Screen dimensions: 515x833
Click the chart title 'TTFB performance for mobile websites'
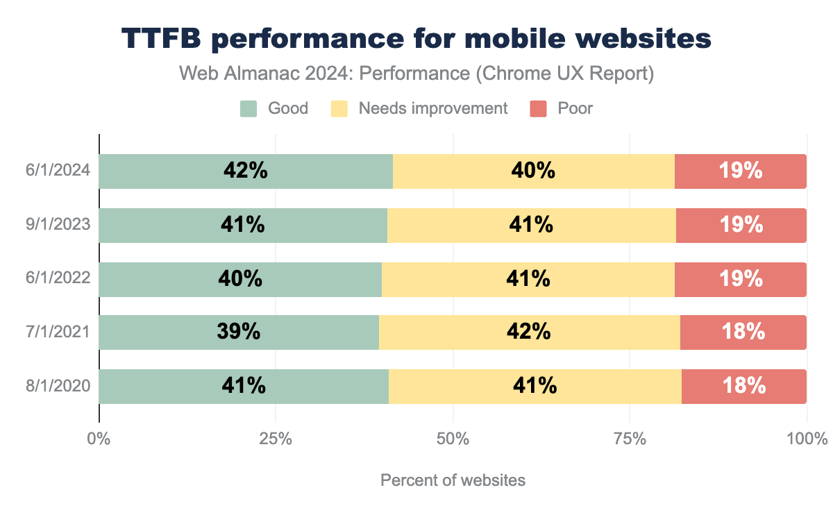click(x=416, y=40)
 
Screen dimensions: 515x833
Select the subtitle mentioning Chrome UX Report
click(x=416, y=74)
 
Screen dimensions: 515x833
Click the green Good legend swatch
click(x=249, y=108)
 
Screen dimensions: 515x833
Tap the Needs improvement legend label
click(x=432, y=108)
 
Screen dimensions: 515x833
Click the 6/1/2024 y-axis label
click(x=58, y=171)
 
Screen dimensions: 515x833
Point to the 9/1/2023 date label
click(x=58, y=225)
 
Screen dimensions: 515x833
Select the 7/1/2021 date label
click(x=58, y=332)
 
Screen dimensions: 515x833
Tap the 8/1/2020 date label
click(x=58, y=386)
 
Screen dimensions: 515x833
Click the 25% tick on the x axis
click(x=276, y=439)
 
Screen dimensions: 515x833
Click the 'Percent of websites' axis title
click(x=453, y=480)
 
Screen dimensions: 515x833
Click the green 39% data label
click(x=238, y=332)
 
